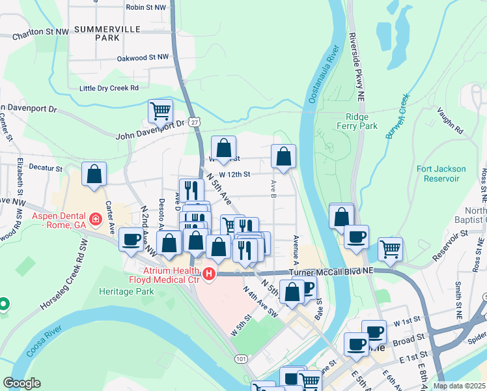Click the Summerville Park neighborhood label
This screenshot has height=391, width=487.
(98, 34)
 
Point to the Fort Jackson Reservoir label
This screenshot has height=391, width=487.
(441, 173)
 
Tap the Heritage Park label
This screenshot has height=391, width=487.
(126, 292)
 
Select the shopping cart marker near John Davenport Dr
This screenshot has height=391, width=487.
(160, 111)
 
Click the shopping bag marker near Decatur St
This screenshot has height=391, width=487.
(94, 175)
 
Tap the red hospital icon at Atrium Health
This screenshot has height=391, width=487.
(209, 274)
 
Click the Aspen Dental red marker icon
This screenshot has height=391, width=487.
(96, 219)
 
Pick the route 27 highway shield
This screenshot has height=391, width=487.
(195, 121)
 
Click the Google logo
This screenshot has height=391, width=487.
(22, 383)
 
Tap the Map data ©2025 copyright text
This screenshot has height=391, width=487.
(460, 386)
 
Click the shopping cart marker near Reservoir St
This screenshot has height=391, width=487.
(390, 248)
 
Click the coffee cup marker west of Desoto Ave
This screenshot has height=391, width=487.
(132, 239)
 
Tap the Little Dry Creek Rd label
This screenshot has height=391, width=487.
(109, 88)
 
